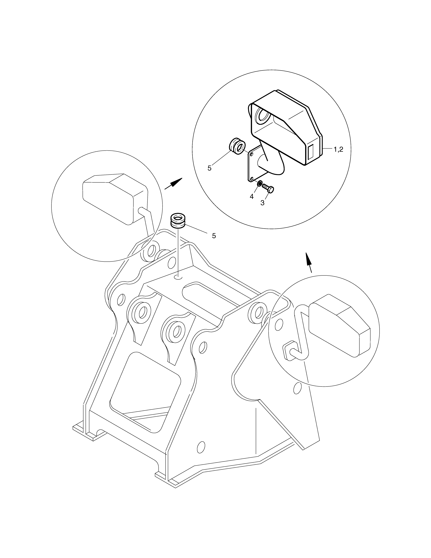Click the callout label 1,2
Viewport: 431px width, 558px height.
pyautogui.click(x=338, y=150)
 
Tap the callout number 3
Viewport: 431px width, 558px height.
pyautogui.click(x=262, y=203)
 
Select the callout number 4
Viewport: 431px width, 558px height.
pyautogui.click(x=251, y=197)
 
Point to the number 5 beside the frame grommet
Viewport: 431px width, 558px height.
pyautogui.click(x=214, y=236)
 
